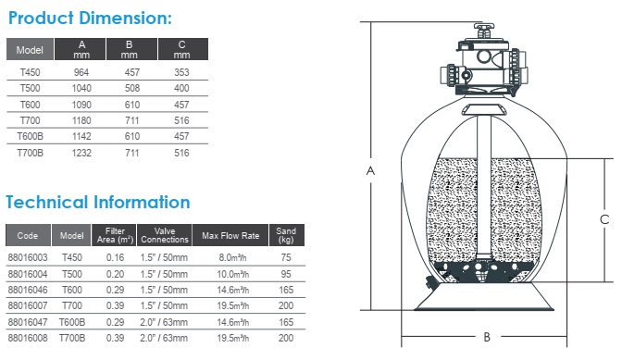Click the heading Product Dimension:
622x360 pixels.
click(90, 19)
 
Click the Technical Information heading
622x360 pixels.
click(98, 202)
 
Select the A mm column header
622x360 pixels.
click(81, 49)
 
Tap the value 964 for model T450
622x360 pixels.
click(81, 72)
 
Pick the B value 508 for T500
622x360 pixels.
click(132, 88)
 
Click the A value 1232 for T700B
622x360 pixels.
click(81, 153)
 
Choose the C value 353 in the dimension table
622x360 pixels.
click(181, 72)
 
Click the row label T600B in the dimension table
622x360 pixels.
click(31, 136)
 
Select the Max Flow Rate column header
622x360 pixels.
click(230, 235)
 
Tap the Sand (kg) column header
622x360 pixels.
click(286, 235)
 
